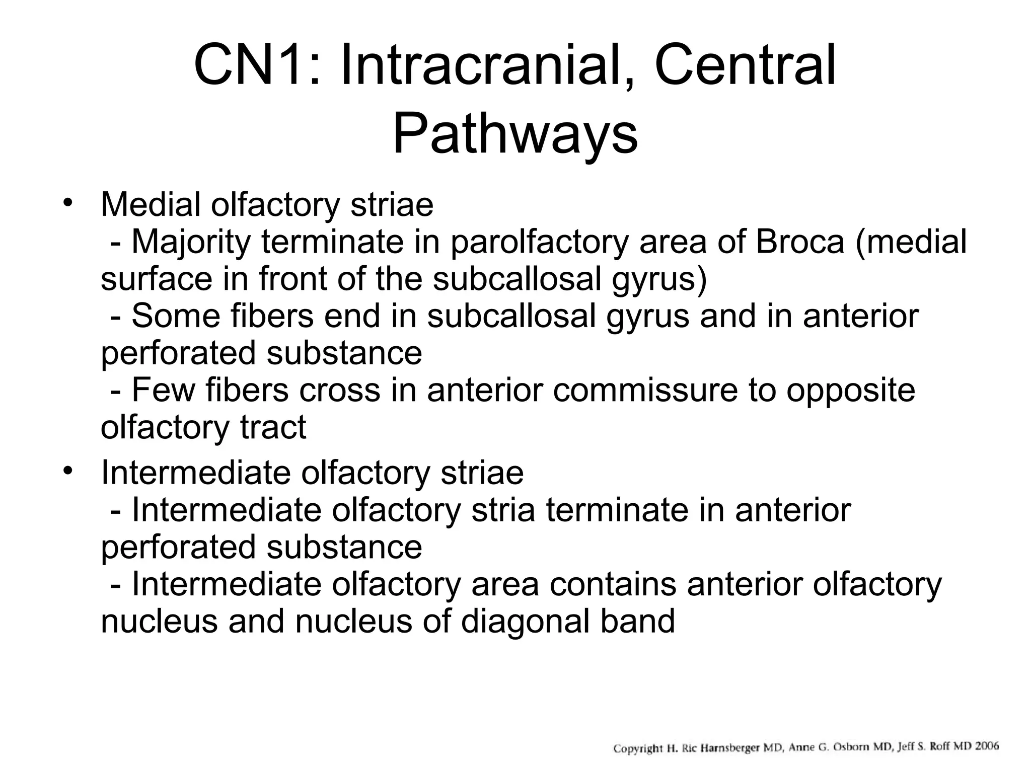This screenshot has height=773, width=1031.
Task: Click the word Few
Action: [x=163, y=390]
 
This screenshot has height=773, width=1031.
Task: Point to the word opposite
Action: [x=850, y=391]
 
